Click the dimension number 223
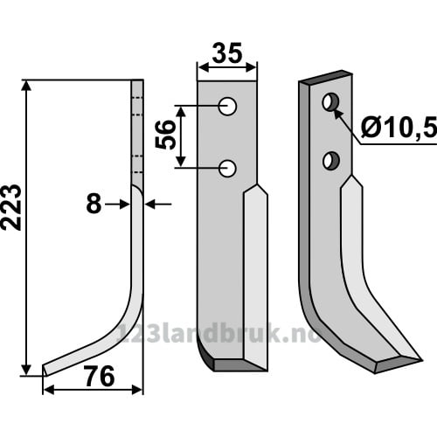pyautogui.click(x=11, y=207)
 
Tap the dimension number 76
pyautogui.click(x=100, y=377)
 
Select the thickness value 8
pyautogui.click(x=94, y=204)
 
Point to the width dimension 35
pyautogui.click(x=227, y=53)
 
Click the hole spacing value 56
pyautogui.click(x=166, y=135)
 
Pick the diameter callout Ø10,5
pyautogui.click(x=399, y=128)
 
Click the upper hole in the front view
pyautogui.click(x=227, y=106)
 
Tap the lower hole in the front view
pyautogui.click(x=227, y=168)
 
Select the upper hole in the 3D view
pyautogui.click(x=330, y=101)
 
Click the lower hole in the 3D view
pyautogui.click(x=331, y=161)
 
